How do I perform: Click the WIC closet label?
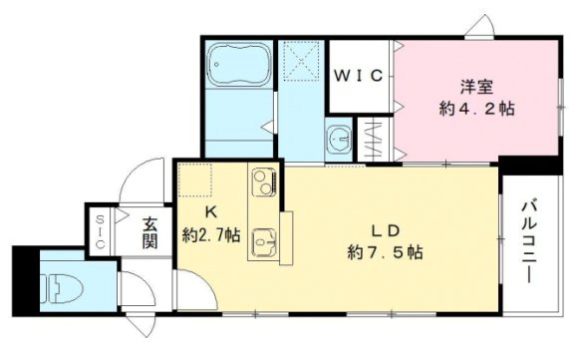[360, 75]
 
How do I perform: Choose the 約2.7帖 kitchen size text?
[210, 236]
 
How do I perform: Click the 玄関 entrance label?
[150, 232]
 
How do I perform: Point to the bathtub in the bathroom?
[237, 68]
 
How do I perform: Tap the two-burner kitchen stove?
[264, 183]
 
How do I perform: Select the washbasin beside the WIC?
[339, 140]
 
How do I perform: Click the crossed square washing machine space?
[302, 61]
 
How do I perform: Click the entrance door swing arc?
[133, 180]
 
